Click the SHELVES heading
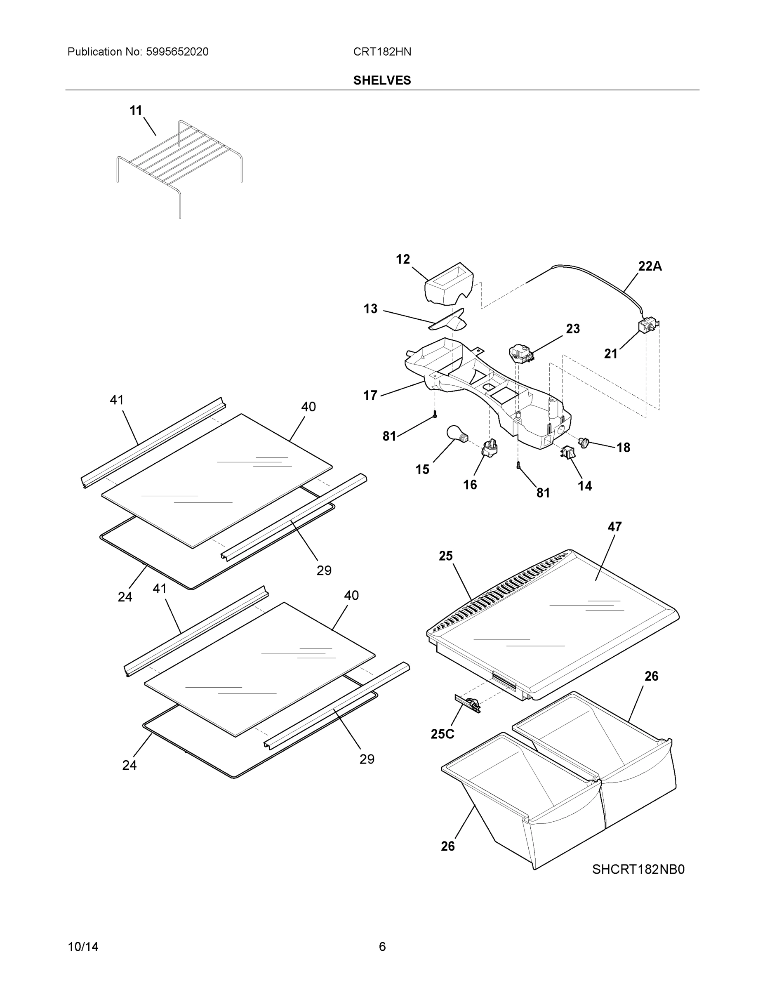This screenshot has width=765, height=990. (381, 80)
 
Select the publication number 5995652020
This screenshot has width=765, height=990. (177, 52)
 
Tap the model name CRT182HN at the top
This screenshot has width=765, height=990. (382, 52)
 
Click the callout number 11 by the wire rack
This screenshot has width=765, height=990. (136, 110)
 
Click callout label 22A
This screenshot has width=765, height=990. (650, 266)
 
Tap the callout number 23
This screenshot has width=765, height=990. (572, 329)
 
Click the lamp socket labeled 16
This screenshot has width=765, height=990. (490, 449)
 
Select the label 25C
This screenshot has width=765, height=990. (443, 734)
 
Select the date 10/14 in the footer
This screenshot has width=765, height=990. (83, 947)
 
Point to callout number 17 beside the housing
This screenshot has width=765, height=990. (370, 395)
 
